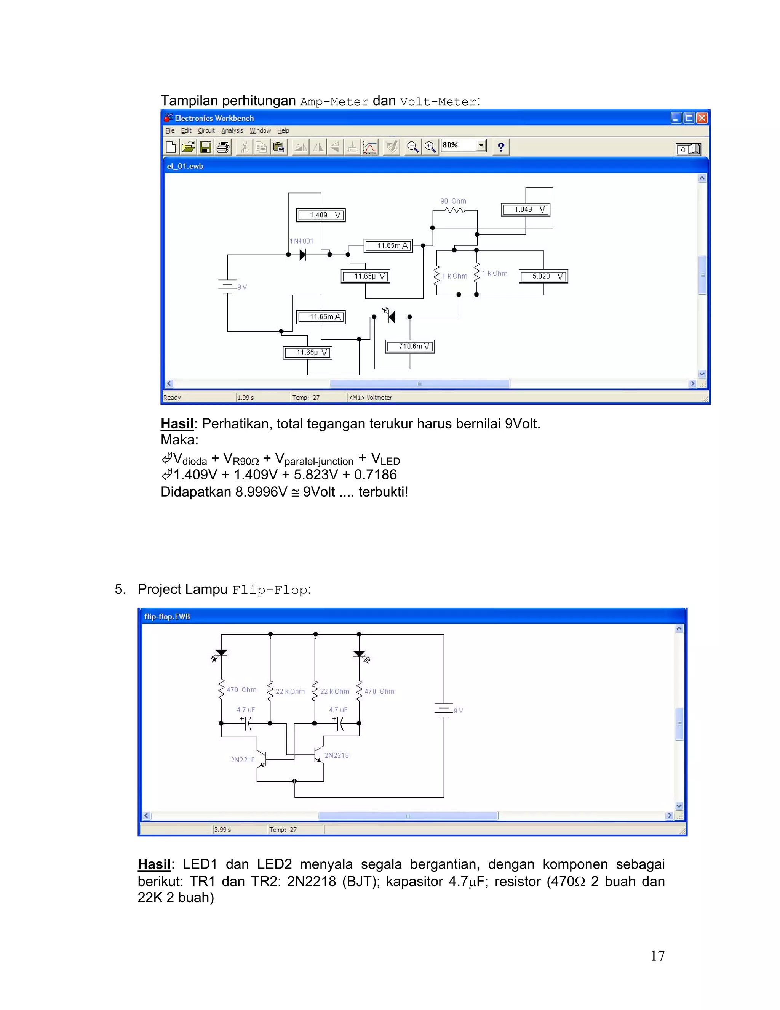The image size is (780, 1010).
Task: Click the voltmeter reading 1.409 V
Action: point(321,215)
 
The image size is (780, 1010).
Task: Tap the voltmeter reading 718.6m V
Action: point(410,346)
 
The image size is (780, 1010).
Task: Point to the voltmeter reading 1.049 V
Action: point(525,210)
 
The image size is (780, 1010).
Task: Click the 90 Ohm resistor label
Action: point(453,201)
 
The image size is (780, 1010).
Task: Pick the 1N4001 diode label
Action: point(301,241)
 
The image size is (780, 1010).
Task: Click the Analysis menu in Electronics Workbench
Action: point(232,131)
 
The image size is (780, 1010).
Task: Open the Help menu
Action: point(283,131)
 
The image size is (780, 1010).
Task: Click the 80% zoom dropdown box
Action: point(463,146)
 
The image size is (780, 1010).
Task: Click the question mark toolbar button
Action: point(501,147)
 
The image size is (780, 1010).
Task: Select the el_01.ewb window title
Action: point(185,166)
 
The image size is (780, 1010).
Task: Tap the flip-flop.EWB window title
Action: point(167,616)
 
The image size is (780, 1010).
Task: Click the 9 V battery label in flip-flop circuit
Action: point(458,711)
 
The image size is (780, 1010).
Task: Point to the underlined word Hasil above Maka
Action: point(177,423)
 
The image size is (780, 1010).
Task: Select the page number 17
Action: point(657,956)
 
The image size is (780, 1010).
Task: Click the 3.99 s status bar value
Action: point(222,830)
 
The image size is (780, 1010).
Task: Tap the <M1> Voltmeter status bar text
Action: point(370,398)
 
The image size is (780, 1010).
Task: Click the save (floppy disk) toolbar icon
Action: point(205,147)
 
